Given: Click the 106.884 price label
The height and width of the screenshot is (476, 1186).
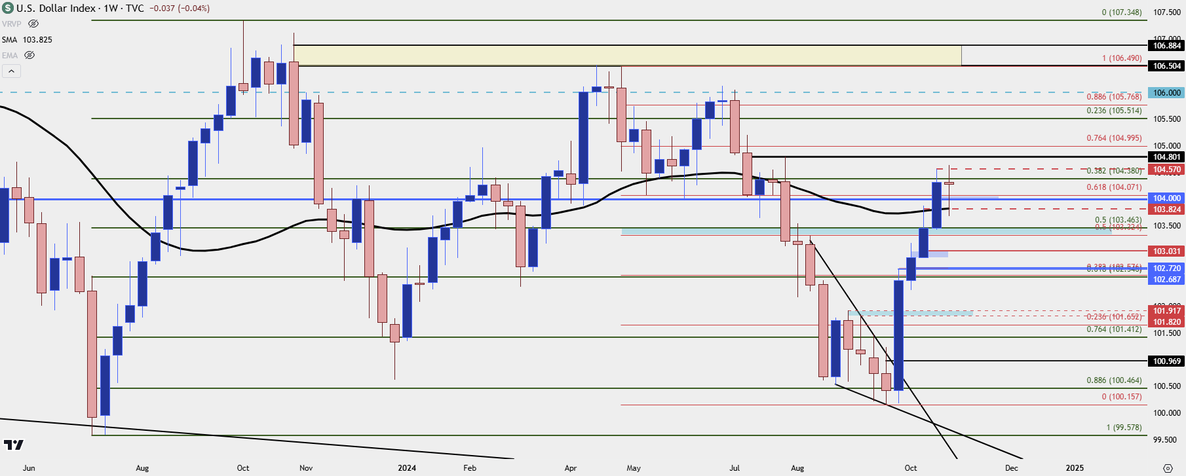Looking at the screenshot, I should pos(1166,46).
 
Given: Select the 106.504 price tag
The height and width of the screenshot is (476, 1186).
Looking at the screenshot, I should pos(1166,66).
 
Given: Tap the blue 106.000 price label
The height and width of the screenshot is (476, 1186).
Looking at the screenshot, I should pos(1166,93).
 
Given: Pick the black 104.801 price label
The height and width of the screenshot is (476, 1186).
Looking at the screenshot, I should pos(1166,157).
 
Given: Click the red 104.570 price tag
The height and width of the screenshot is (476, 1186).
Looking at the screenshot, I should pos(1166,170).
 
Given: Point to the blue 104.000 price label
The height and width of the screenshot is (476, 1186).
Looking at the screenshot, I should pos(1166,198).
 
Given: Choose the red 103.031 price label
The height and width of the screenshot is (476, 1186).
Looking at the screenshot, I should pos(1166,251).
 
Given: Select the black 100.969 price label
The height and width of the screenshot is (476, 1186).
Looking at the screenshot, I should pos(1166,361).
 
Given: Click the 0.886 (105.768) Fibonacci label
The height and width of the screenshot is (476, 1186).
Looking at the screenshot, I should pos(1114,97).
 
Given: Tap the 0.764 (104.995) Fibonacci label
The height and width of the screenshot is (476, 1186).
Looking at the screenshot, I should pos(1114,138).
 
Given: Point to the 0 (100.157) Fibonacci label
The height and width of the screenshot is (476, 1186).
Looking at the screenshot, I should pos(1121,397).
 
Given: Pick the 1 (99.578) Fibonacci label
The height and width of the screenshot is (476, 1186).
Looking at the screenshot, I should pos(1124,428).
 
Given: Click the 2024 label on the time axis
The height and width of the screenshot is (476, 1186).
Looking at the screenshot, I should pos(407,468).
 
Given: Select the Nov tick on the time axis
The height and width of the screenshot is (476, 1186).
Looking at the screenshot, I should pos(306,468).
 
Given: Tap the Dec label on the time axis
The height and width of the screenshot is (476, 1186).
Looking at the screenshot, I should pos(1012,468).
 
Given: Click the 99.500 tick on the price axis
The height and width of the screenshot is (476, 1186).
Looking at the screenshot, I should pos(1166,440).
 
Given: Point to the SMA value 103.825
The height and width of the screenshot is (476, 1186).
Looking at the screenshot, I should pos(37,40).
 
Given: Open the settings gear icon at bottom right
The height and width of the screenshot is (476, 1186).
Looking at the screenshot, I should pos(1168,468).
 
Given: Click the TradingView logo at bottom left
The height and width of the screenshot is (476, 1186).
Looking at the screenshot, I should pos(13,445).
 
